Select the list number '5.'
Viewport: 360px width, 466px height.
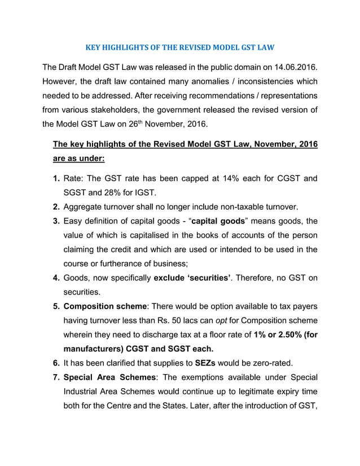(56, 306)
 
